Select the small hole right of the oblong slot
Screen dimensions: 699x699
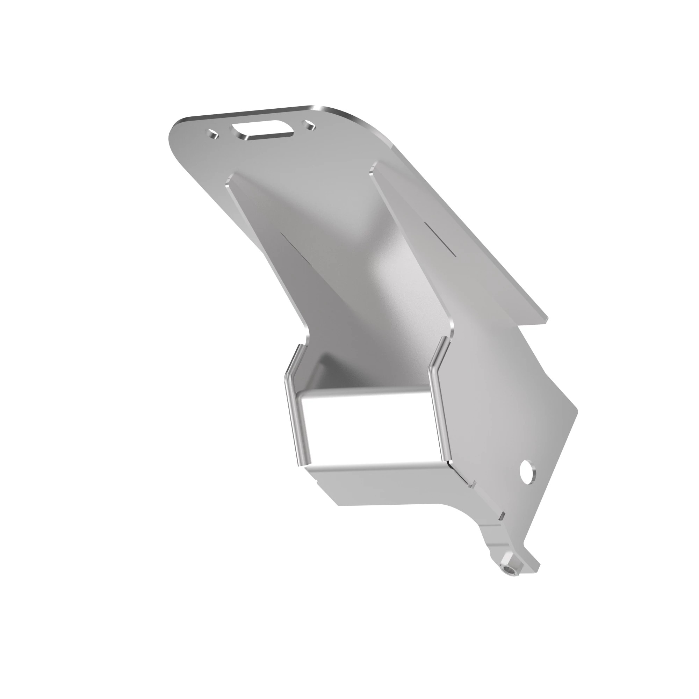click(310, 125)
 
